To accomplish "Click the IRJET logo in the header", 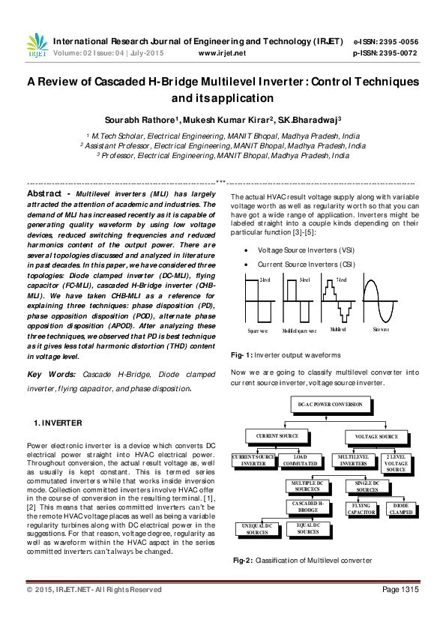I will pyautogui.click(x=35, y=46).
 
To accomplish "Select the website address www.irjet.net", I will pyautogui.click(x=222, y=53).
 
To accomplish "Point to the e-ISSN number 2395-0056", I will pyautogui.click(x=400, y=41).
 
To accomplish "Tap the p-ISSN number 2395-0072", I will pyautogui.click(x=400, y=53).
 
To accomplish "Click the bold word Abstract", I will pyautogui.click(x=44, y=193).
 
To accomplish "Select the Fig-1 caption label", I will pyautogui.click(x=242, y=354).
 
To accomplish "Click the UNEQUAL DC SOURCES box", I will pyautogui.click(x=257, y=529).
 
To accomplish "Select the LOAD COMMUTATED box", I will pyautogui.click(x=300, y=460).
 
